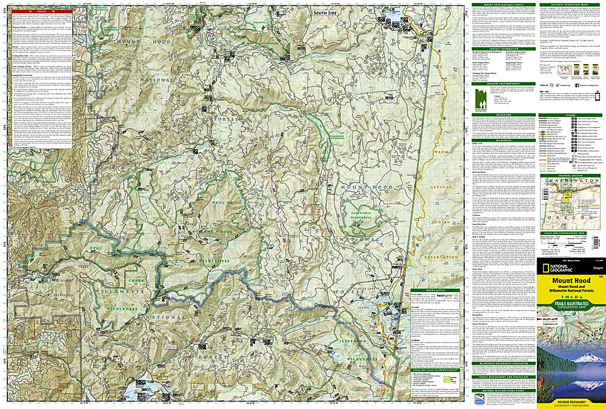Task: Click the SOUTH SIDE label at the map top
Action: click(x=324, y=13)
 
